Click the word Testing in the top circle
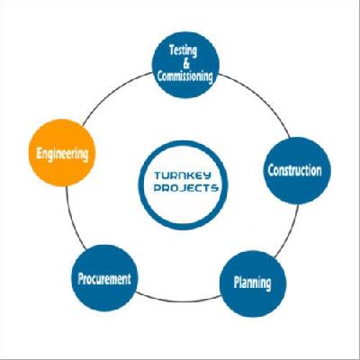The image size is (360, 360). point(183,50)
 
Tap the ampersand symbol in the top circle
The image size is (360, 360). point(186,64)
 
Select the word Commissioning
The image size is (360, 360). point(185,76)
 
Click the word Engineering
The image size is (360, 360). point(62,154)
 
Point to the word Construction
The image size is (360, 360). point(294,170)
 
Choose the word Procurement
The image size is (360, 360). point(104,279)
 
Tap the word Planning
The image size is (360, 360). point(252,283)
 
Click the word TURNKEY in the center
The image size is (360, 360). point(183,175)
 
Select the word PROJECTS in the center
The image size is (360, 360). point(185,188)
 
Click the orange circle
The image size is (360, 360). point(62,153)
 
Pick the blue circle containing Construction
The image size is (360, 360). point(297,170)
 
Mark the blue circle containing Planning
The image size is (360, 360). point(253,283)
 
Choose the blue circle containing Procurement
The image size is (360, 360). point(104,278)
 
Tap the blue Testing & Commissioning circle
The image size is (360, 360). point(186,65)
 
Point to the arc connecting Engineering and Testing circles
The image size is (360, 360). point(113,91)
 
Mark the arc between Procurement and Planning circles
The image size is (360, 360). point(179,301)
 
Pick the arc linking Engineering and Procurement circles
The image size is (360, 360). point(72,218)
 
